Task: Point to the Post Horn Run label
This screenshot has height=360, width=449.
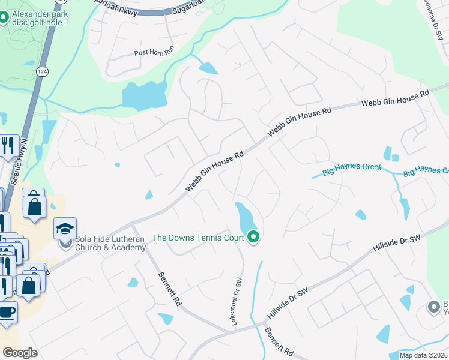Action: (x=154, y=52)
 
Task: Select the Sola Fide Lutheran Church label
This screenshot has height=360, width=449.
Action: (x=110, y=243)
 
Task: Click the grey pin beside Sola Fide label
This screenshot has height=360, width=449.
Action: (x=65, y=244)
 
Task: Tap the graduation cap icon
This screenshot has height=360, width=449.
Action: (x=65, y=229)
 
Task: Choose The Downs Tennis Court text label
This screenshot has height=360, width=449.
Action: (x=198, y=238)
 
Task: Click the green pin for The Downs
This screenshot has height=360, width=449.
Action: (x=253, y=238)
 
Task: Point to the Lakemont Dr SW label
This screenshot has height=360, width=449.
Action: (x=237, y=302)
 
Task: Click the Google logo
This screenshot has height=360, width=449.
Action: (x=20, y=353)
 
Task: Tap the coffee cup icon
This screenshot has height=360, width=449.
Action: (x=7, y=313)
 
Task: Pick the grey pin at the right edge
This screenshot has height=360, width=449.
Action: (x=433, y=307)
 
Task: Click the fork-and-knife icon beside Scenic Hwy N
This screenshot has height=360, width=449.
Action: (x=8, y=146)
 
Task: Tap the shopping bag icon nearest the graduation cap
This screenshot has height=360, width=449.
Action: (x=35, y=205)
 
